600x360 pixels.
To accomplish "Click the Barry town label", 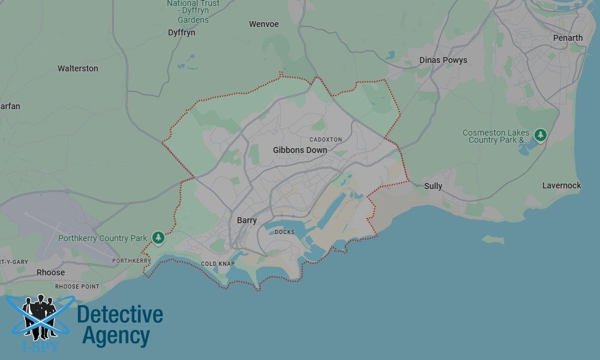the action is (247, 220).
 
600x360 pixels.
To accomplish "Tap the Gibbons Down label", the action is (300, 150).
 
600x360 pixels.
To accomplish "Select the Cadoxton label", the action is (326, 139).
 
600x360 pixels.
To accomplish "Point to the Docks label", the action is (284, 232).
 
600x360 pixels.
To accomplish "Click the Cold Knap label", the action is (218, 264).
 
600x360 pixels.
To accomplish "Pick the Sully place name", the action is (433, 186).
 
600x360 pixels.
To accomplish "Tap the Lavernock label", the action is (562, 185).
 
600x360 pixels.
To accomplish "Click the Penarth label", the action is (568, 38).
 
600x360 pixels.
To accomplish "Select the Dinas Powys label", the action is (443, 60).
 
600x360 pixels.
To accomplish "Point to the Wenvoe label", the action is (264, 25).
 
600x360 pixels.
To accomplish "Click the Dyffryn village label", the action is (182, 32).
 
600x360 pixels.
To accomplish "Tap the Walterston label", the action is (78, 68).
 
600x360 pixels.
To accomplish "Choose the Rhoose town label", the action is (50, 272).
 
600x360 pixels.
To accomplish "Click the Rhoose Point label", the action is (77, 287).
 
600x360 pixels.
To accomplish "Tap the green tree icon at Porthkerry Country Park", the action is (158, 238).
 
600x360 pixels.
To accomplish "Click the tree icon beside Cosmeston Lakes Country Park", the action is (541, 135).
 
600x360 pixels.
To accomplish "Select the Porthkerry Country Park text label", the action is (103, 238).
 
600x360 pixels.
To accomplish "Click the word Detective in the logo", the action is (120, 314).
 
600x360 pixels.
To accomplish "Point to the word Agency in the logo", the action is (116, 336).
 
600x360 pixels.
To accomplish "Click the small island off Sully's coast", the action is (493, 239).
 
